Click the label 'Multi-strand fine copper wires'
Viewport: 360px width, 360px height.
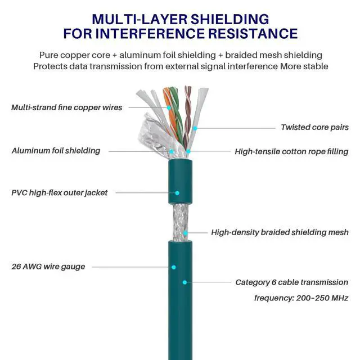[66, 107]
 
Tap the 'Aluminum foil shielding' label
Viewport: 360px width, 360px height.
[56, 151]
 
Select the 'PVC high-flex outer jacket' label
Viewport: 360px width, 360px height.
[59, 192]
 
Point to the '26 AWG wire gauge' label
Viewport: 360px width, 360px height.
[48, 266]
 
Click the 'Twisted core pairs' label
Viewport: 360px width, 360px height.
[314, 128]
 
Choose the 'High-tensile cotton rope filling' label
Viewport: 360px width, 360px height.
[291, 151]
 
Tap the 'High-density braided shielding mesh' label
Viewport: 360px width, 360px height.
[280, 232]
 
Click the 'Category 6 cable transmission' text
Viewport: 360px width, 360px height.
[291, 282]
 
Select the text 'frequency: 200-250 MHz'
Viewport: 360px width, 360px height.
[301, 298]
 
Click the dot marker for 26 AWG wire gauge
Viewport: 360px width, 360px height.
[174, 267]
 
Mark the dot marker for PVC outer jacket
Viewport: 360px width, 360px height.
[177, 192]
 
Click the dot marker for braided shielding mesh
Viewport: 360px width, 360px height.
[185, 232]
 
